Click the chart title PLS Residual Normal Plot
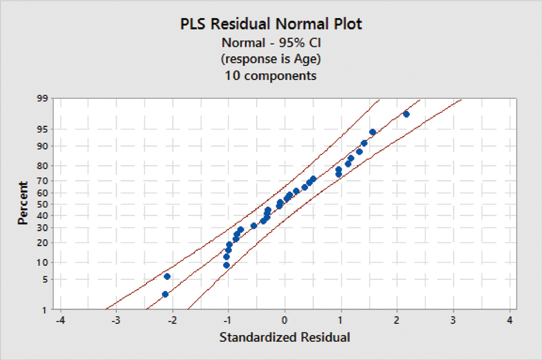(x=271, y=24)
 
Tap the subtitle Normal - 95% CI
(x=271, y=43)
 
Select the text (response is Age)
(x=271, y=59)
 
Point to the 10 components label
(x=271, y=75)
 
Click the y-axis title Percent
(x=23, y=203)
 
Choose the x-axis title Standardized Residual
(x=284, y=337)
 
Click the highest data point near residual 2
(x=406, y=114)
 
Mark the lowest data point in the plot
(x=165, y=294)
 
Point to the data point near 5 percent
(x=167, y=276)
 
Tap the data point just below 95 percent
(x=372, y=132)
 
